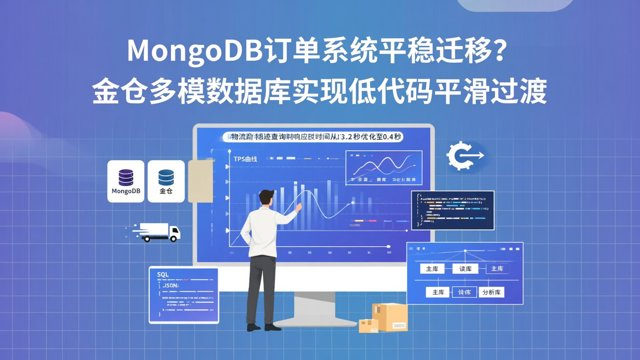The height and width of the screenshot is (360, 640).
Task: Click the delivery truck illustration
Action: point(158,232)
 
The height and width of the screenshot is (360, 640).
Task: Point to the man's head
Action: point(267,198)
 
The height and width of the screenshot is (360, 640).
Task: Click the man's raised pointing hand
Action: point(299,206)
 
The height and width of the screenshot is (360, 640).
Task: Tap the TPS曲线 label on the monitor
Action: point(245,159)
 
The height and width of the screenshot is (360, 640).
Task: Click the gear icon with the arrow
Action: point(462,156)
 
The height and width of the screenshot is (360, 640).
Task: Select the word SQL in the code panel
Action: point(163,275)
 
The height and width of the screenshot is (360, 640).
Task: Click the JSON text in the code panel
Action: point(171,285)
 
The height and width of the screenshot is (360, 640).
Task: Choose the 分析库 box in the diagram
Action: point(491,292)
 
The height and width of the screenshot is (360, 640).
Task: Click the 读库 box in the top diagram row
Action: point(465,268)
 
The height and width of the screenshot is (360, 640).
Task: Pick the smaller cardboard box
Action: point(368,326)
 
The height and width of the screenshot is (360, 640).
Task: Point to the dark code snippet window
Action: point(452,210)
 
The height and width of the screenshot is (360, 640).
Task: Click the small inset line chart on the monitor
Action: point(384,168)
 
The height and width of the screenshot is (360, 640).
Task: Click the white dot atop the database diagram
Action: point(465,251)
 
